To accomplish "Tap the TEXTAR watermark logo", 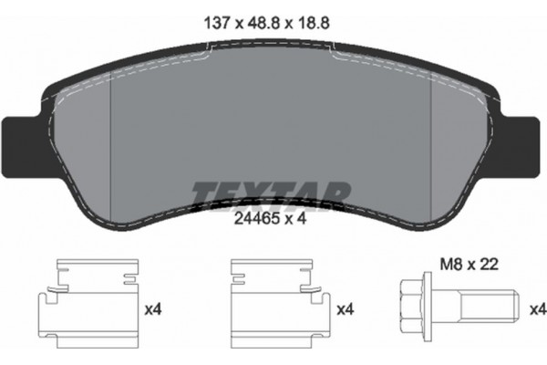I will click(x=272, y=193).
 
